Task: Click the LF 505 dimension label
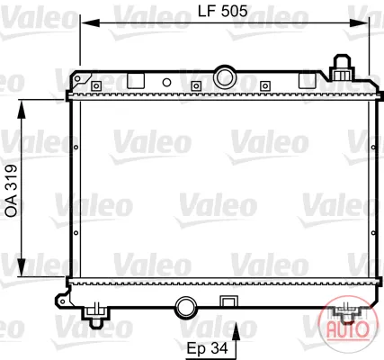(x=223, y=12)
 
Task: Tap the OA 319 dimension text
(x=12, y=191)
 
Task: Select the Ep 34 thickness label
(x=208, y=348)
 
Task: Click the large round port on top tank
(x=225, y=77)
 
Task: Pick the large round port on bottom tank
(x=186, y=308)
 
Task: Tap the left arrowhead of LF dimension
(x=90, y=23)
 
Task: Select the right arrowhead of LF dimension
(x=359, y=23)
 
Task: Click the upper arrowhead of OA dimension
(x=22, y=111)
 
